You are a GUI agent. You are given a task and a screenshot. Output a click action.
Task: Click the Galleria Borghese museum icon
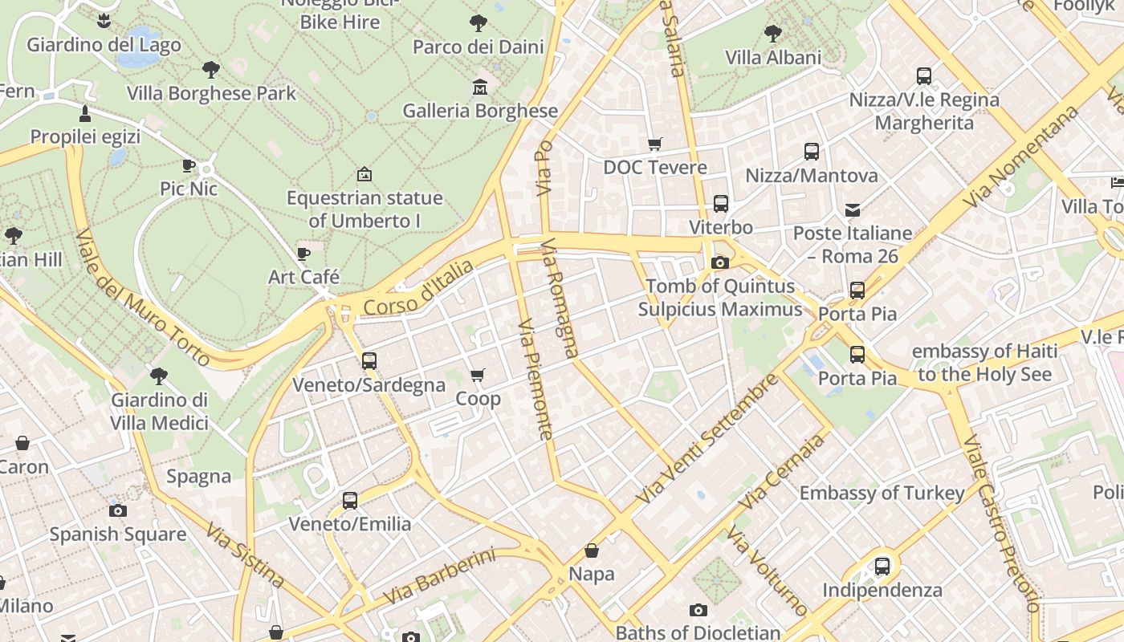pos(480,87)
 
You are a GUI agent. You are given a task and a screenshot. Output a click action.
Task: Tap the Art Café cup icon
pos(303,254)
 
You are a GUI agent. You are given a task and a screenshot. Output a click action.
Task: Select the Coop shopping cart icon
pos(478,375)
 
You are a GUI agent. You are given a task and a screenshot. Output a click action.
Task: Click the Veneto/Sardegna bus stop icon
pos(369,361)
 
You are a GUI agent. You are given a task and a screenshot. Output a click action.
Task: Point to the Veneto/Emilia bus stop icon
pos(350,501)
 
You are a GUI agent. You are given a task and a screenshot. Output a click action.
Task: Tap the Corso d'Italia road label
pos(418,287)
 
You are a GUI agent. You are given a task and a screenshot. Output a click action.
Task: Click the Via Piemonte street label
pos(536,380)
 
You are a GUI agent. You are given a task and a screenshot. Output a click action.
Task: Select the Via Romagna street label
pos(560,297)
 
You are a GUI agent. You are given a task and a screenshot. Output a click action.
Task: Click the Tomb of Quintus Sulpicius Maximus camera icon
pos(720,262)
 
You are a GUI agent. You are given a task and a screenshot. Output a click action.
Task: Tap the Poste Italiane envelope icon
pos(853,210)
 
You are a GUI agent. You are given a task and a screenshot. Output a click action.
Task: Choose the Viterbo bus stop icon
pos(721,204)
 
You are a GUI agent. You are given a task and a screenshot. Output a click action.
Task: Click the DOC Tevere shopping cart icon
pos(655,144)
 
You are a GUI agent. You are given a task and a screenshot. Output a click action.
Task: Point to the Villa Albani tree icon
pos(773,34)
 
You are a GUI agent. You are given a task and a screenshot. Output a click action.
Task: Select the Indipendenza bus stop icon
pos(882,567)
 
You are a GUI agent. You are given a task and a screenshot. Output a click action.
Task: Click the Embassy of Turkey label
pos(882,493)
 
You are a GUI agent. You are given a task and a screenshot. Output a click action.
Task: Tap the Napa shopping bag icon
pos(592,551)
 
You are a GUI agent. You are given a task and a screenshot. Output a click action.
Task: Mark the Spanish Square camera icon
pos(118,510)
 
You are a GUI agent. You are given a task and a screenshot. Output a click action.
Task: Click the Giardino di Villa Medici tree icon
pos(159,376)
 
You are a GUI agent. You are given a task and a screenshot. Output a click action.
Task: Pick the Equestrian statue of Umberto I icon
pos(364,174)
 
